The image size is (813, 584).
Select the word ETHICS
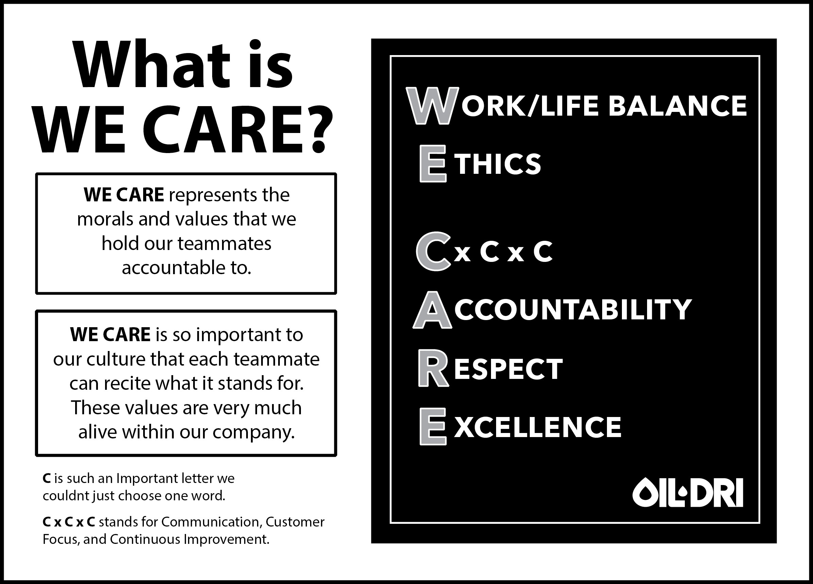point(480,164)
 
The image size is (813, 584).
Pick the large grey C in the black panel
point(433,251)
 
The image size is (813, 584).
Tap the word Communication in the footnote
point(210,522)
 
